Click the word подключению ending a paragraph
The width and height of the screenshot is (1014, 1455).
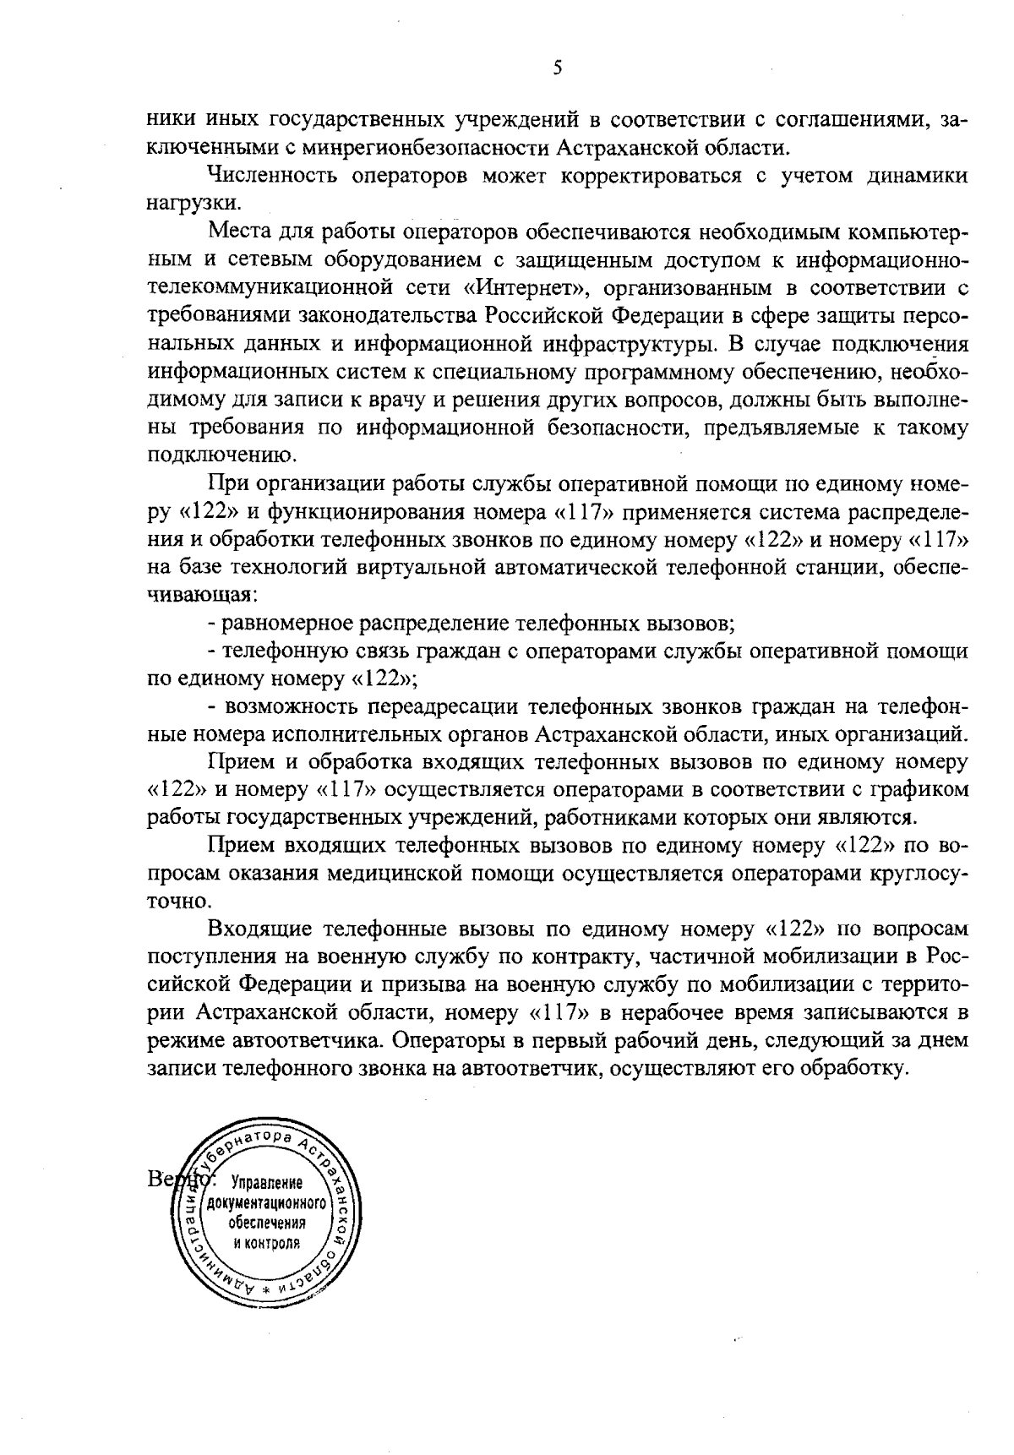click(x=222, y=455)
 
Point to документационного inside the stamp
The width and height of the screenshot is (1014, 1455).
click(x=264, y=1204)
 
